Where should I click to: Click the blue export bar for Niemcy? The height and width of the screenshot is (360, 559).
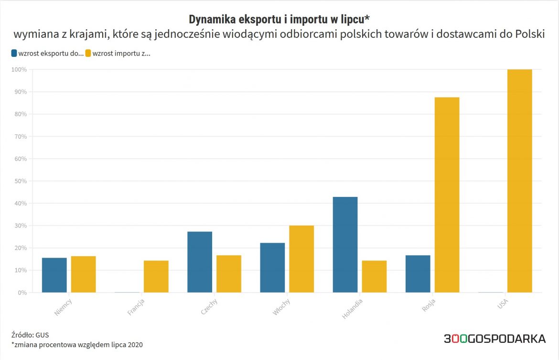click(x=54, y=275)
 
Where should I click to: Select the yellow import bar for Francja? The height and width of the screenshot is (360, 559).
click(x=156, y=276)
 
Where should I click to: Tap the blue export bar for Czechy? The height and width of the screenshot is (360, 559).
click(x=200, y=262)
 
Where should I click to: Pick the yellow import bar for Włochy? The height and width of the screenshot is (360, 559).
click(x=301, y=259)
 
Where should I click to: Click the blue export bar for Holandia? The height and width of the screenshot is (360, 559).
click(x=345, y=244)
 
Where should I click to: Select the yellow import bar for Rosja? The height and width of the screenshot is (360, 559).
click(x=447, y=195)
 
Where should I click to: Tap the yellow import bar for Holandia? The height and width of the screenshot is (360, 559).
click(x=374, y=276)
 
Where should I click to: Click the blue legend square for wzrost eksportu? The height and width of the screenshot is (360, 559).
click(x=14, y=54)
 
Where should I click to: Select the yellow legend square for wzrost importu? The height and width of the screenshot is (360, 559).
click(x=88, y=54)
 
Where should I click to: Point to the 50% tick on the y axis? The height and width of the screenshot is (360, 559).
click(x=20, y=181)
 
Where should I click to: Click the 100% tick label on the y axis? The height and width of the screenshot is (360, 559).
click(x=19, y=70)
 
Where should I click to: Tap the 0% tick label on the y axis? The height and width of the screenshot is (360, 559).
click(x=21, y=293)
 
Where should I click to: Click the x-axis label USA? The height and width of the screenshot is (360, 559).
click(x=503, y=304)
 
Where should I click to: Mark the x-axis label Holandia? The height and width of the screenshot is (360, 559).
click(x=353, y=308)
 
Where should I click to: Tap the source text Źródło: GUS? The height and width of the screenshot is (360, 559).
click(x=30, y=335)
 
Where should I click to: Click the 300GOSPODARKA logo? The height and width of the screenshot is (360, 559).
click(x=494, y=339)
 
